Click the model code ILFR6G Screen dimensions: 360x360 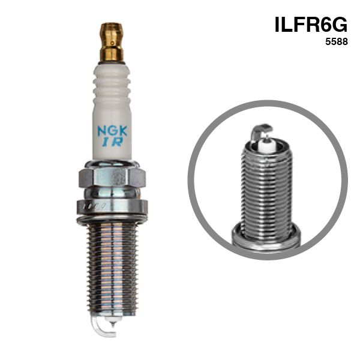[x=311, y=25]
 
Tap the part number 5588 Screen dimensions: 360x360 [x=337, y=41]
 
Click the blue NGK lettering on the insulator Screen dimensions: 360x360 [x=112, y=131]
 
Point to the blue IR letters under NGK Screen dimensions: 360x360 [x=113, y=142]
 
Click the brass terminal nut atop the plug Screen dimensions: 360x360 [x=112, y=42]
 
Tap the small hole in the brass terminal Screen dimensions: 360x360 [x=112, y=43]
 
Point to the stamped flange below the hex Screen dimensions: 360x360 [x=112, y=207]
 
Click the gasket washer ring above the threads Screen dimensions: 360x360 [x=112, y=219]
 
